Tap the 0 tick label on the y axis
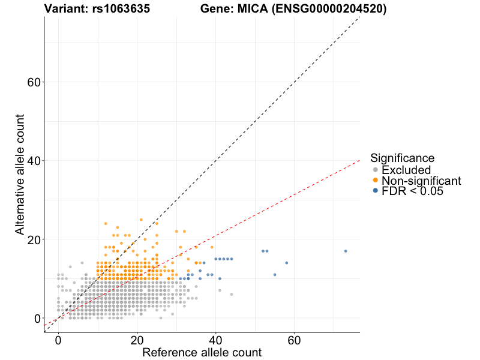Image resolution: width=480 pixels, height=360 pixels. tap(36, 318)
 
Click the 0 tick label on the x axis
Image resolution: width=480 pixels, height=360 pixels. tap(58, 340)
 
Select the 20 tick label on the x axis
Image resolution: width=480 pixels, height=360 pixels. tap(137, 340)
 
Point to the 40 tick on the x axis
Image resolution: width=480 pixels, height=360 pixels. tap(215, 340)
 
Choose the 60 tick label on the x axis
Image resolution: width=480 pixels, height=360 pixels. tap(294, 340)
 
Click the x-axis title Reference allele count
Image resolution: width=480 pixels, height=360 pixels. tap(202, 353)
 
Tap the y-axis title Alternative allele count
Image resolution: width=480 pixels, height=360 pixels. tap(20, 175)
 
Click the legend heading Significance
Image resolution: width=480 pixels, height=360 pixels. tap(402, 158)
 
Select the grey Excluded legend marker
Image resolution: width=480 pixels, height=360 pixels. tap(376, 170)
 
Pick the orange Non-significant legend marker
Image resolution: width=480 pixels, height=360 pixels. tap(376, 181)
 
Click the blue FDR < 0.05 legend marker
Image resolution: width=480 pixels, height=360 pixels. tap(376, 191)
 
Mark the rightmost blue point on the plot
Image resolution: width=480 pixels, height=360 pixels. tap(346, 251)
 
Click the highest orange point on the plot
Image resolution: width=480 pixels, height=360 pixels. tap(141, 220)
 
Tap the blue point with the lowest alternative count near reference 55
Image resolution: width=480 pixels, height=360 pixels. tap(275, 274)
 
